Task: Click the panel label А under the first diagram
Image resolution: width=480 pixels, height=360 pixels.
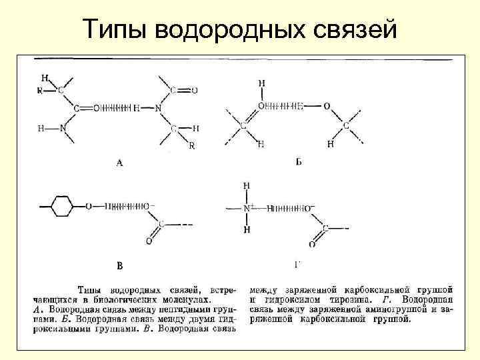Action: [119, 161]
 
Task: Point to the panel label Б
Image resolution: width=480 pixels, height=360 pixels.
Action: [298, 161]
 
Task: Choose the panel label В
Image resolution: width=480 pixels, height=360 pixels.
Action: [120, 266]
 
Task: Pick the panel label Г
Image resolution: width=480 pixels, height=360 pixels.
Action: [298, 265]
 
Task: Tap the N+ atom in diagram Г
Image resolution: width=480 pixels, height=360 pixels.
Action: [249, 209]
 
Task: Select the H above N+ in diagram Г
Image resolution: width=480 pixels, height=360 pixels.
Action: [247, 185]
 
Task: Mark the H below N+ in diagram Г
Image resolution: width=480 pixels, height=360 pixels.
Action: [247, 230]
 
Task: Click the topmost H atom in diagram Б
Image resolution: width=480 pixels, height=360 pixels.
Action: [261, 83]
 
